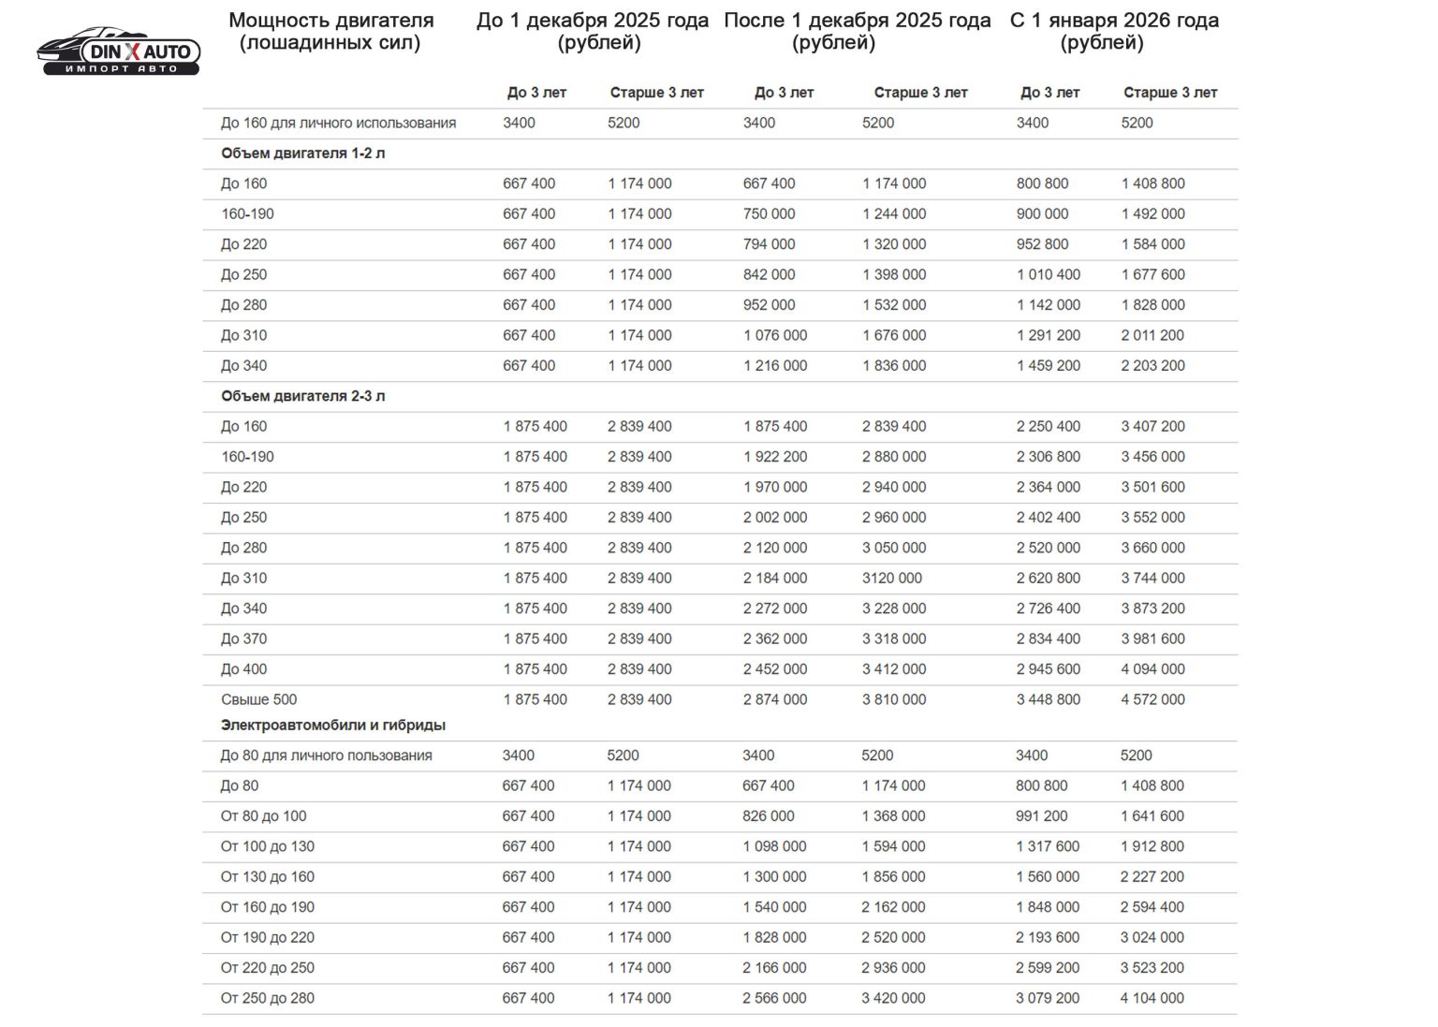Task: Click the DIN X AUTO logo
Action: pos(119,51)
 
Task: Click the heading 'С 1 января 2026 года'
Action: pos(1114,21)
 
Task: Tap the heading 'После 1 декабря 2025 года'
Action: pos(857,21)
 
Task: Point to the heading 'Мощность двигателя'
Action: pos(331,21)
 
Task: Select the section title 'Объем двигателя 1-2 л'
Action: pos(303,154)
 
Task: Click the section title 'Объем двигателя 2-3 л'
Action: pos(303,396)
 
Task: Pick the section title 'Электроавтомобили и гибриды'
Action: pos(333,725)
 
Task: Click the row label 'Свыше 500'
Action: pos(259,699)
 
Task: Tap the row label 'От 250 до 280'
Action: pos(268,998)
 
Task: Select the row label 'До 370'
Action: pos(244,638)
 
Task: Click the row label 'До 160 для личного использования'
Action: pos(339,123)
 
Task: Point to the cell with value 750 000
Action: pos(770,213)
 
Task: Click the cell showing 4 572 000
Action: pos(1153,699)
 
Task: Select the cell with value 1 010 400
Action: pos(1049,274)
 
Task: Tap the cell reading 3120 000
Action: pos(892,578)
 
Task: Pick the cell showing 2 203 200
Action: pos(1153,365)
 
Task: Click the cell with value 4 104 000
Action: pos(1152,998)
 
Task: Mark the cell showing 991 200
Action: pos(1042,815)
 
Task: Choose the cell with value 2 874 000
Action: pos(775,699)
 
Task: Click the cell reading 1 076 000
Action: pos(775,335)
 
